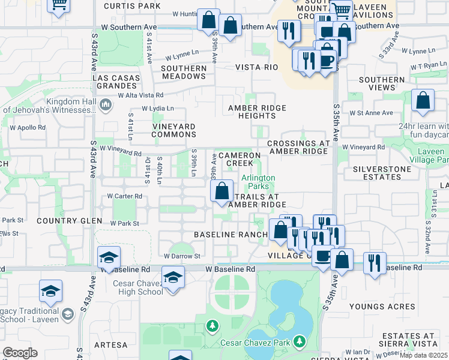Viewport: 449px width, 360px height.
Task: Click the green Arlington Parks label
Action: (x=258, y=182)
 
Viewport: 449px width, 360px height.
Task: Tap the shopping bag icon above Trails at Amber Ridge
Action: (x=222, y=192)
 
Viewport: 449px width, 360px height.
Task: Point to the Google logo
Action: (x=20, y=353)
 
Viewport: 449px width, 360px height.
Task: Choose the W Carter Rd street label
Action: (x=124, y=196)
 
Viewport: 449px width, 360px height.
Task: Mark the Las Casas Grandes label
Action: (x=117, y=82)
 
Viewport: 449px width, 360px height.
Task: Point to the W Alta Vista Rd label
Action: (x=140, y=95)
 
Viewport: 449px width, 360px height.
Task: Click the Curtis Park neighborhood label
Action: (x=131, y=6)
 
